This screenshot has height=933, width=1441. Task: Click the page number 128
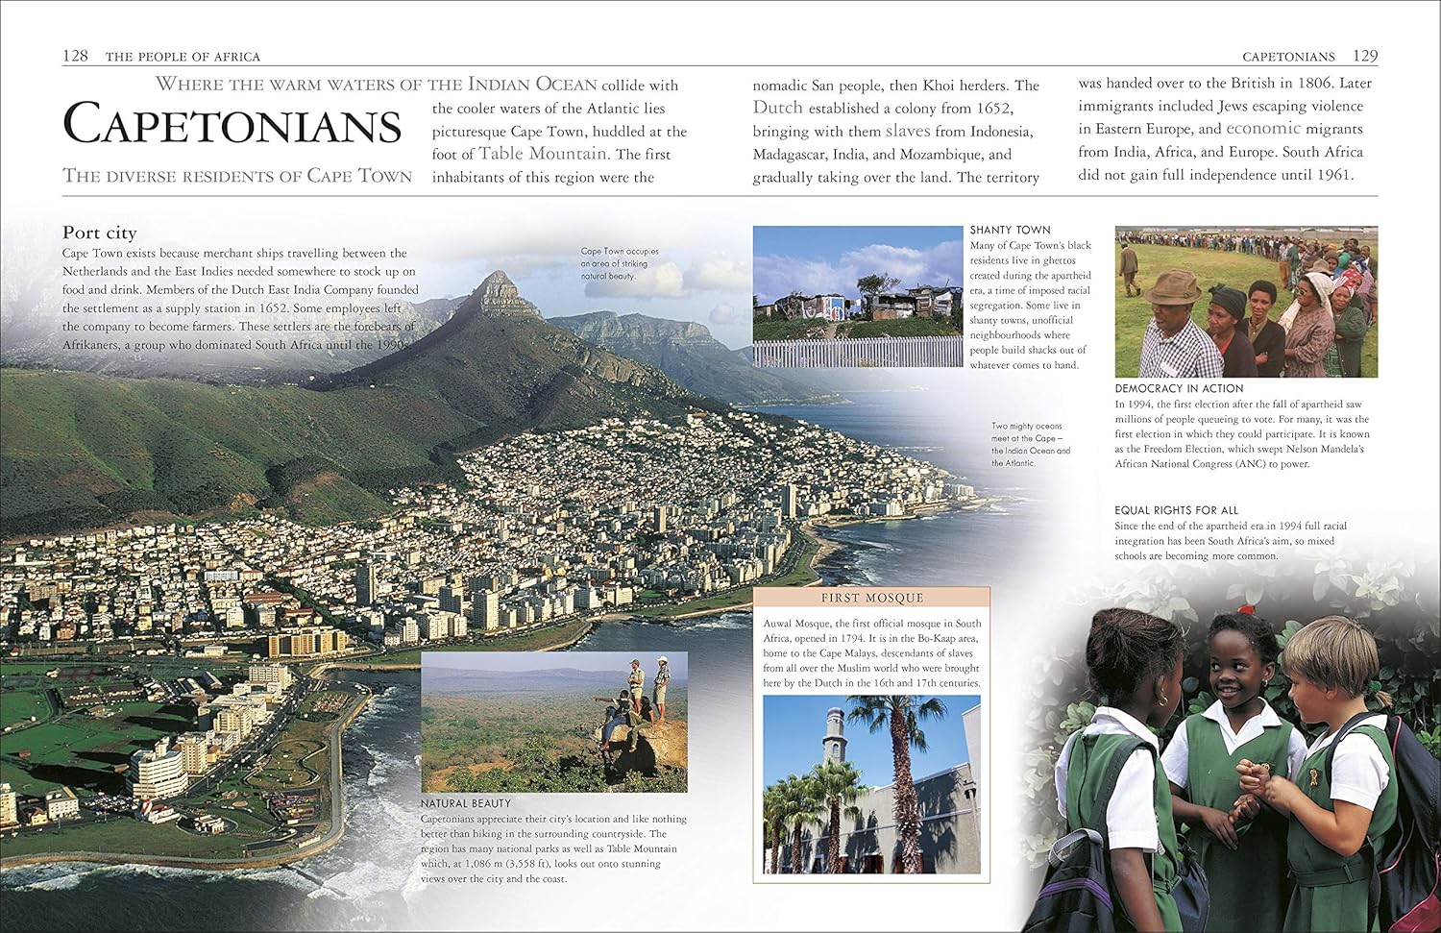pos(75,56)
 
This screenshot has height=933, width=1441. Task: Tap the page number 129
pos(1365,56)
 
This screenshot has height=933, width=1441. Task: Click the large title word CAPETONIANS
pos(232,126)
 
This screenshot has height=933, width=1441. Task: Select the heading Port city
pos(100,233)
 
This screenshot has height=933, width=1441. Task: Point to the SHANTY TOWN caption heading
pos(1010,230)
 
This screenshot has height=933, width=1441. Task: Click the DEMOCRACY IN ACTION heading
pos(1179,388)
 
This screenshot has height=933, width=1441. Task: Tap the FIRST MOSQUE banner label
pos(871,598)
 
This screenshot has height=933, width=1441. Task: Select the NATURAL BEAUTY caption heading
pos(466,803)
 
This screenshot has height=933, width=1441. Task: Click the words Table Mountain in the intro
pos(543,154)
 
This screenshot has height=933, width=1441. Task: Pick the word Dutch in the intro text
pos(777,108)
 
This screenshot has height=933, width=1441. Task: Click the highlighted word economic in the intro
pos(1263,129)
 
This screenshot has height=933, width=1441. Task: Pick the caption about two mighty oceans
pos(1030,444)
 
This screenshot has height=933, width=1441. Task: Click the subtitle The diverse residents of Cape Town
pos(237,176)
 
